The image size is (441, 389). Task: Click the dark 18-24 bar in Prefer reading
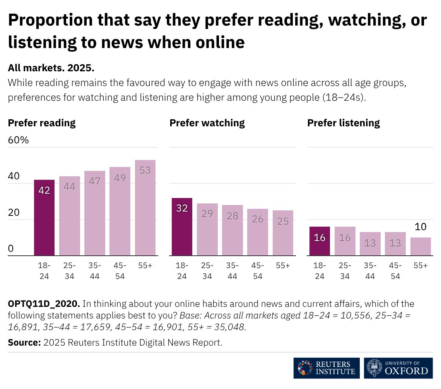coord(44,217)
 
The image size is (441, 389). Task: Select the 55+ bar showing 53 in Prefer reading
coord(145,208)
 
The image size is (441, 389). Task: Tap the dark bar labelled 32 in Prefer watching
coord(182,227)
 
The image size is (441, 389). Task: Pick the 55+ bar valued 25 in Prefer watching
coord(283,233)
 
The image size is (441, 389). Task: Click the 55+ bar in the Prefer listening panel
coord(420,246)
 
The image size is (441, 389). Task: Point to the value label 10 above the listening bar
coord(420,227)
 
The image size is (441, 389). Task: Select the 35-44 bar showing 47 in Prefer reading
coord(95,213)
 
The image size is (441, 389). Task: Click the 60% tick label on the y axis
coord(19,140)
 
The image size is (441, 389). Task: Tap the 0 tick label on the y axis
coord(11,249)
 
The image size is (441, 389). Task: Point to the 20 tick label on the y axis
coord(14,212)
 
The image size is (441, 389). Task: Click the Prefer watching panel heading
coord(207,123)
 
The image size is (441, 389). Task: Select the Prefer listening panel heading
coord(344,123)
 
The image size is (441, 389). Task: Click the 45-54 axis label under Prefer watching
coord(258,271)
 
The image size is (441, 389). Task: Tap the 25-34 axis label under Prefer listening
coord(345,271)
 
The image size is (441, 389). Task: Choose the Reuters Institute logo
coord(326,368)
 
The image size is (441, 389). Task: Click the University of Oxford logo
coord(398,368)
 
